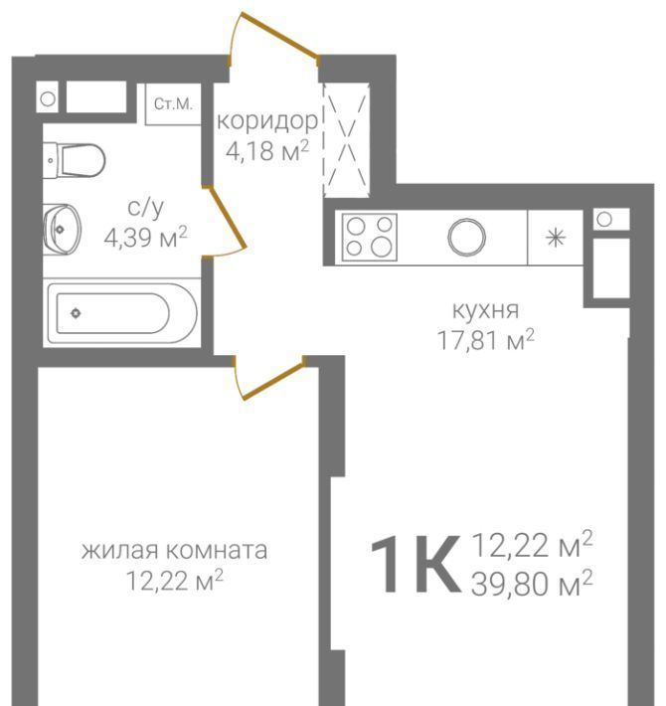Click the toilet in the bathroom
click(x=75, y=160)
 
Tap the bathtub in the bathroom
click(x=122, y=313)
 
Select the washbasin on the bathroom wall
click(x=62, y=230)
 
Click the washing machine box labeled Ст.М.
click(x=173, y=104)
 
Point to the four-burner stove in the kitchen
click(x=370, y=238)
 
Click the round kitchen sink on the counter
click(x=466, y=237)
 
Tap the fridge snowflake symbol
click(x=556, y=238)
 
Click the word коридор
click(x=267, y=121)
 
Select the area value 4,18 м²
click(x=267, y=150)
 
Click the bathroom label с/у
click(x=146, y=208)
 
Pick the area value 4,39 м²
click(x=145, y=237)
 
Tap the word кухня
click(x=485, y=310)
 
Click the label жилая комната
click(x=174, y=550)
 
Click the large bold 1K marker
click(x=416, y=564)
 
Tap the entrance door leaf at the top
click(x=280, y=36)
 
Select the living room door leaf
click(x=273, y=381)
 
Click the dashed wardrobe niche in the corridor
click(x=346, y=139)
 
